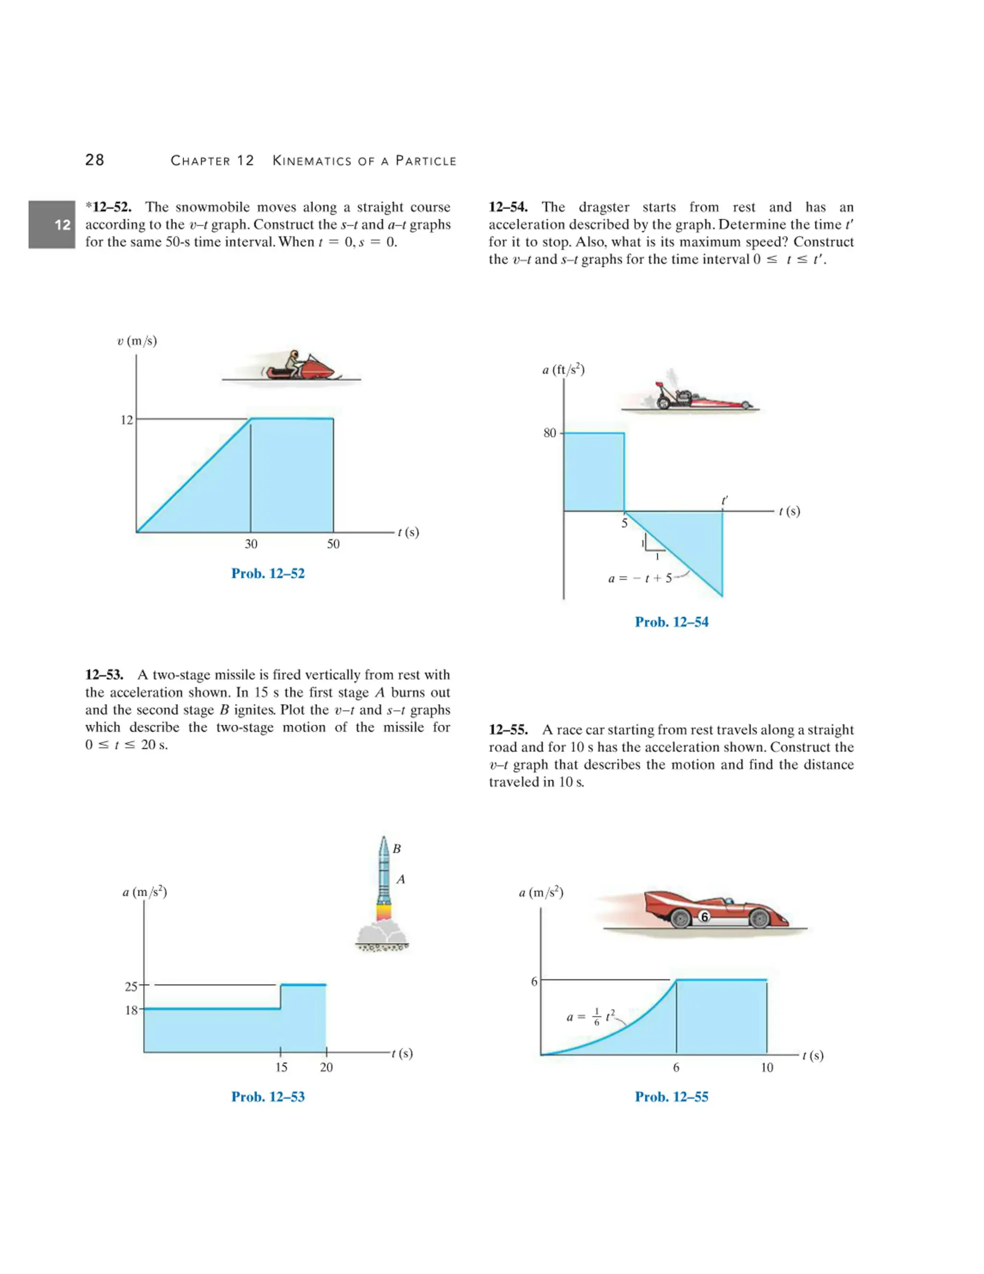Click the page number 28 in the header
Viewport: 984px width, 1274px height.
pyautogui.click(x=95, y=160)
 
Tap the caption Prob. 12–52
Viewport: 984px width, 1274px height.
pyautogui.click(x=268, y=574)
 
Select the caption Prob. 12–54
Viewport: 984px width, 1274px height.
pyautogui.click(x=672, y=622)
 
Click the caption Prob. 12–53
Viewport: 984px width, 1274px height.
pyautogui.click(x=268, y=1097)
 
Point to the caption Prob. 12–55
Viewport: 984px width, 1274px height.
pyautogui.click(x=672, y=1097)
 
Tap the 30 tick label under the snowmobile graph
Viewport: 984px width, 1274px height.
pyautogui.click(x=251, y=544)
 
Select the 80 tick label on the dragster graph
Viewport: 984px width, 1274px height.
pyautogui.click(x=550, y=433)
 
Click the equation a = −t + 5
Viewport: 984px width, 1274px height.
pyautogui.click(x=640, y=578)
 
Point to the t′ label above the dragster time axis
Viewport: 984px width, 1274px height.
pyautogui.click(x=725, y=500)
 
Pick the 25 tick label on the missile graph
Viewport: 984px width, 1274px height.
pyautogui.click(x=131, y=987)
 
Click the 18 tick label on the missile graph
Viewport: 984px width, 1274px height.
pyautogui.click(x=131, y=1010)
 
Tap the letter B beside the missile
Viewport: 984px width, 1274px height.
pyautogui.click(x=396, y=849)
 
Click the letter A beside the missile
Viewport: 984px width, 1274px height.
pyautogui.click(x=401, y=879)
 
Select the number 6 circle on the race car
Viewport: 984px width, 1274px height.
pyautogui.click(x=704, y=917)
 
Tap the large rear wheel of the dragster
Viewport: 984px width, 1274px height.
pyautogui.click(x=664, y=402)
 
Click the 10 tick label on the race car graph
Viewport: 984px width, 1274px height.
pyautogui.click(x=766, y=1067)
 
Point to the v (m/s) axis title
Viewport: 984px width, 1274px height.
pyautogui.click(x=137, y=341)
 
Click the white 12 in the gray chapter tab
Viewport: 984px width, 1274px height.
pyautogui.click(x=62, y=225)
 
